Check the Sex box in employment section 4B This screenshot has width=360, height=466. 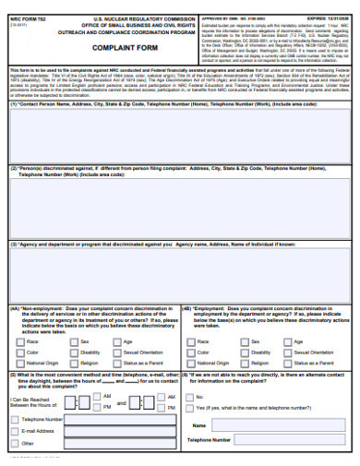point(242,341)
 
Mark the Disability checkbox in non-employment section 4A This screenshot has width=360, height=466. point(72,352)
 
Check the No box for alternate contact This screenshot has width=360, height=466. point(189,397)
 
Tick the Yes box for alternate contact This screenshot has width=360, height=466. point(189,408)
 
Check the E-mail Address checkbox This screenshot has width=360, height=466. point(14,431)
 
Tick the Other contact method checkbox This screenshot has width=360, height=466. point(14,443)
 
